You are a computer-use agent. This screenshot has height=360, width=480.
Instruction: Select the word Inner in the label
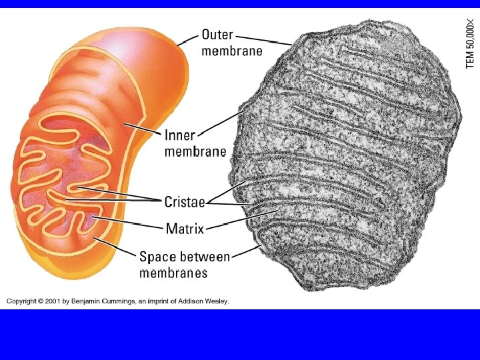tap(180, 135)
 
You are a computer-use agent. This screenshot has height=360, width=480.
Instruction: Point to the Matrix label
tap(185, 229)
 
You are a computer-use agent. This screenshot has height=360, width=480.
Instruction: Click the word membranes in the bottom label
tap(173, 273)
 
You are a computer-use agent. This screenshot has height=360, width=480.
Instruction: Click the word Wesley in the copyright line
tap(215, 301)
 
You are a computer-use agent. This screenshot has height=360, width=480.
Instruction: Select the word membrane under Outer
tap(232, 51)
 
